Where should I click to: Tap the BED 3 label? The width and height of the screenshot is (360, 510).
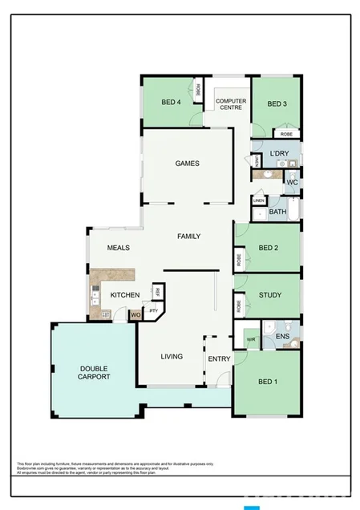tap(277, 103)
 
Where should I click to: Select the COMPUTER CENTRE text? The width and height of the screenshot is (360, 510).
tap(231, 103)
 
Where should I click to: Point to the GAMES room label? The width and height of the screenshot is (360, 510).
tap(187, 164)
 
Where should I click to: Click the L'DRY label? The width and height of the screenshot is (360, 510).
tap(279, 153)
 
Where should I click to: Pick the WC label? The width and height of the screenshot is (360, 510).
tap(292, 182)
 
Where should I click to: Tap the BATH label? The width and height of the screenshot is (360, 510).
tap(277, 212)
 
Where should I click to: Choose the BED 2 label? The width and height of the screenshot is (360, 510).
tap(269, 248)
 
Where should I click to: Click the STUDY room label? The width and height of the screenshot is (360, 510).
tap(270, 295)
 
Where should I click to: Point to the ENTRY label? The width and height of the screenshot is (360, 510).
tap(219, 358)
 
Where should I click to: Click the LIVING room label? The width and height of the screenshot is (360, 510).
tap(172, 356)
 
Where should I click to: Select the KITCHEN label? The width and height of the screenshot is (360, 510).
tap(125, 295)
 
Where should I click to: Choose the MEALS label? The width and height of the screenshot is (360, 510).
tap(118, 248)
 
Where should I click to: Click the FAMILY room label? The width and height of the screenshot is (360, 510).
tap(189, 236)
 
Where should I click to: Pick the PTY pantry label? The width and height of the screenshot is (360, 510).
tap(152, 309)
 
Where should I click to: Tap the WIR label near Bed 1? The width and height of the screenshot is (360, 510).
tap(250, 339)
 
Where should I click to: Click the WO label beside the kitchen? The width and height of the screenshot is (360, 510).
tap(136, 314)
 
